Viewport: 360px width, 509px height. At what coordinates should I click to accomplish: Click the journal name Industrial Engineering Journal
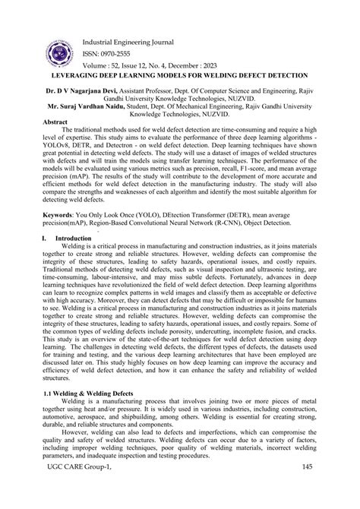[126, 42]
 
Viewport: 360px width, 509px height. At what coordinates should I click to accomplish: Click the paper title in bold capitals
[180, 76]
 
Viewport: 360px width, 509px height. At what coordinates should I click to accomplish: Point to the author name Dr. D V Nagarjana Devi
[71, 90]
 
